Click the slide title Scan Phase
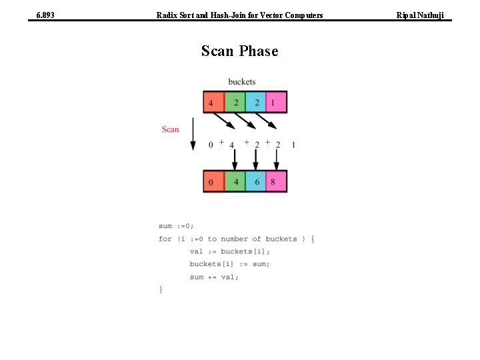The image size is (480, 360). click(239, 51)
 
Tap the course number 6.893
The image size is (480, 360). click(45, 15)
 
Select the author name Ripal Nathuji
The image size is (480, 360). click(420, 15)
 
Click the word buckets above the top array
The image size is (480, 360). click(241, 82)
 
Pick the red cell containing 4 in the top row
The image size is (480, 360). click(214, 103)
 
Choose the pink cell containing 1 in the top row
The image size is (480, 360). click(276, 103)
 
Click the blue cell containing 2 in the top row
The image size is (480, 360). click(256, 103)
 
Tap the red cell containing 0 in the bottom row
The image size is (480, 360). click(214, 181)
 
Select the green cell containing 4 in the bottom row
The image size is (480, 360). click(235, 181)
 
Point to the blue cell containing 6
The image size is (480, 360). click(256, 181)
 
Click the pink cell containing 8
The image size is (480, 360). click(276, 181)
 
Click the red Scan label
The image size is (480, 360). click(170, 129)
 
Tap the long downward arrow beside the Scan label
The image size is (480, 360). click(193, 133)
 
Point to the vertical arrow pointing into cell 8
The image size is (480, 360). click(277, 159)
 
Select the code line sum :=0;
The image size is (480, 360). click(176, 226)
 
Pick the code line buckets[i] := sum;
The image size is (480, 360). click(229, 264)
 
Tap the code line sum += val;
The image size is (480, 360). click(213, 277)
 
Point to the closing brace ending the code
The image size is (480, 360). click(161, 289)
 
